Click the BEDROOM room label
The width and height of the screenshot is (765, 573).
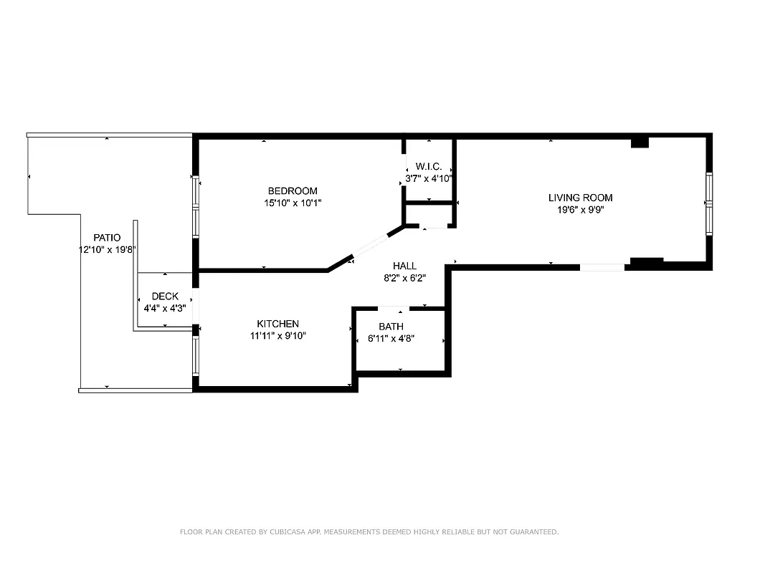293,191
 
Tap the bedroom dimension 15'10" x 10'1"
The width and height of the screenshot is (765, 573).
293,203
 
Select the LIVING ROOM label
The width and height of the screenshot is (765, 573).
580,198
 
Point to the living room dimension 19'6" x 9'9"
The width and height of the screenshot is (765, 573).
580,210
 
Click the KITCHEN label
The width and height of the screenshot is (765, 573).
277,324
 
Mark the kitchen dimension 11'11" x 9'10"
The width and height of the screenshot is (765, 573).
277,336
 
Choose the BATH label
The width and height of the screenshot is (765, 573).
391,327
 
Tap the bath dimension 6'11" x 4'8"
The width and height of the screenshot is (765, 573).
391,339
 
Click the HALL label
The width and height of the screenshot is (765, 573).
404,266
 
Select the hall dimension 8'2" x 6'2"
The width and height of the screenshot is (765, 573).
404,279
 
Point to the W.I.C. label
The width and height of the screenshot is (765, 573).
428,166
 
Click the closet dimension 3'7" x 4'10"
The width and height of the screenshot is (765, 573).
428,178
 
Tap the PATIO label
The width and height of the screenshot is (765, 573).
107,237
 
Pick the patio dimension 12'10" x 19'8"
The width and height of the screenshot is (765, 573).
107,249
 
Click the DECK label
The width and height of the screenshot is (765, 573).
165,296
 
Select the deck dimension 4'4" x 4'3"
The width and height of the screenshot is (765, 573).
165,308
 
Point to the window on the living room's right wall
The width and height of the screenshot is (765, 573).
708,204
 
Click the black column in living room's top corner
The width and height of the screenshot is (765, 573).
640,143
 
